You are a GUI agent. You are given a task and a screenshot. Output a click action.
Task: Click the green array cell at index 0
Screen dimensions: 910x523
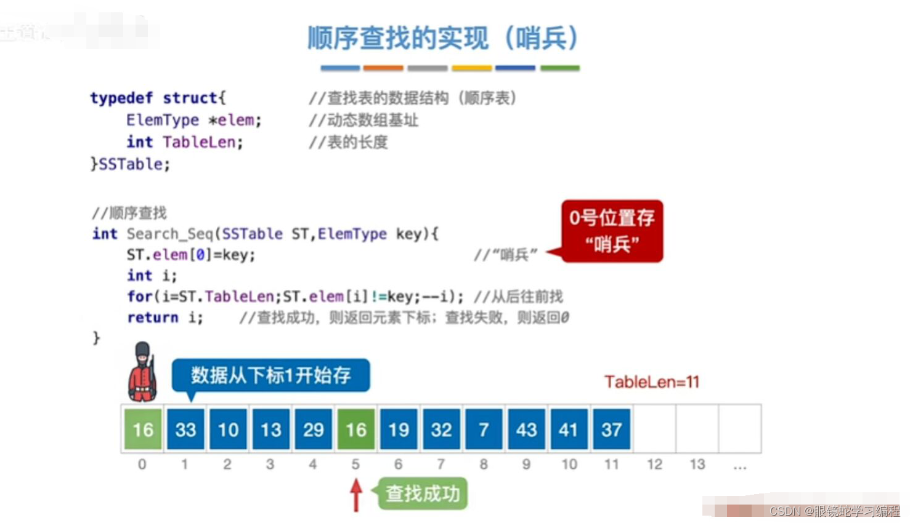143,429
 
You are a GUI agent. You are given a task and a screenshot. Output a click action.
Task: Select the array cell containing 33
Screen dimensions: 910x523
185,429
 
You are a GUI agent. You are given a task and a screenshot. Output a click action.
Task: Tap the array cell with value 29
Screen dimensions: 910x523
314,429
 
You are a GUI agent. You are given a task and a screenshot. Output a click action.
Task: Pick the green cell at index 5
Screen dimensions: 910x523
356,429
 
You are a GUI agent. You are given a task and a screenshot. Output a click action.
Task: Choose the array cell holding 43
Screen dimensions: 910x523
527,429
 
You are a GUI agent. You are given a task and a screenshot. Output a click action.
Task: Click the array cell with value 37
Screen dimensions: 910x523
611,429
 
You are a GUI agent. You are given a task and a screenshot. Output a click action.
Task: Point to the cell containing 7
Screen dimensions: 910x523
484,429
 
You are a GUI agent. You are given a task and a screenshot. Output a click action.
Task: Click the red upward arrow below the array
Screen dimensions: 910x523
355,495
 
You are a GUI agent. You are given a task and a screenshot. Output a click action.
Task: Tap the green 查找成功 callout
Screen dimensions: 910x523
423,493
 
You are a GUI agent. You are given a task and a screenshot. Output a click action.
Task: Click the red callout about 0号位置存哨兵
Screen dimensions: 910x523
612,231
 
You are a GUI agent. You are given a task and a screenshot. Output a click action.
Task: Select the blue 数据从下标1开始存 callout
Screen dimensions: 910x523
271,375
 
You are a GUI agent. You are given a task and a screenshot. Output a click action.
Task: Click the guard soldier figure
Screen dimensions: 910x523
142,372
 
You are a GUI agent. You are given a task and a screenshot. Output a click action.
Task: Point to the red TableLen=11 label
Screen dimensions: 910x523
652,382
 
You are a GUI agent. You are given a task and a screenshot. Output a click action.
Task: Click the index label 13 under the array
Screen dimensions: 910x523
697,465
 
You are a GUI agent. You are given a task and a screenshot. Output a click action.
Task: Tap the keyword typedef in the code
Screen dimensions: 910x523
121,98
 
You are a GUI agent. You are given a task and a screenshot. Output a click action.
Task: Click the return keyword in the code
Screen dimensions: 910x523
153,317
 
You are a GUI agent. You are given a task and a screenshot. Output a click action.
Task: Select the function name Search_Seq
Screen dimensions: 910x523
169,234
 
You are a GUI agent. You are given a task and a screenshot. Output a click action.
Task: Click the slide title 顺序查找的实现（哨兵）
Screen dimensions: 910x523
443,38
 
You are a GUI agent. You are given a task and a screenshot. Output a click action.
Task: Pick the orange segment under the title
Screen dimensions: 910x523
383,68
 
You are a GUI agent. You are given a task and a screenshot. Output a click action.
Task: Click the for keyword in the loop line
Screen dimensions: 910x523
140,297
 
